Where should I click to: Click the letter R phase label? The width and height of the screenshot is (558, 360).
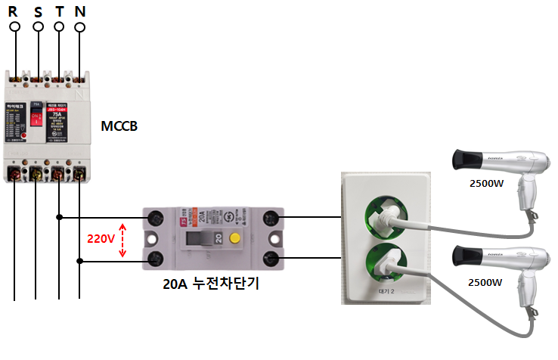click(14, 11)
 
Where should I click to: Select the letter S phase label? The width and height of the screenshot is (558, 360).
click(37, 11)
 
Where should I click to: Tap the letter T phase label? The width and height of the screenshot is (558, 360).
click(59, 11)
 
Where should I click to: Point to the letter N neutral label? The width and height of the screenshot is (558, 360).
click(80, 11)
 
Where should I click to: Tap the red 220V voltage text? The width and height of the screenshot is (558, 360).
click(100, 239)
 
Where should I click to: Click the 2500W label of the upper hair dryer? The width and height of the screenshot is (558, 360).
click(483, 182)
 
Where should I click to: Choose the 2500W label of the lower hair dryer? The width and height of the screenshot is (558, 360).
click(483, 282)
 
